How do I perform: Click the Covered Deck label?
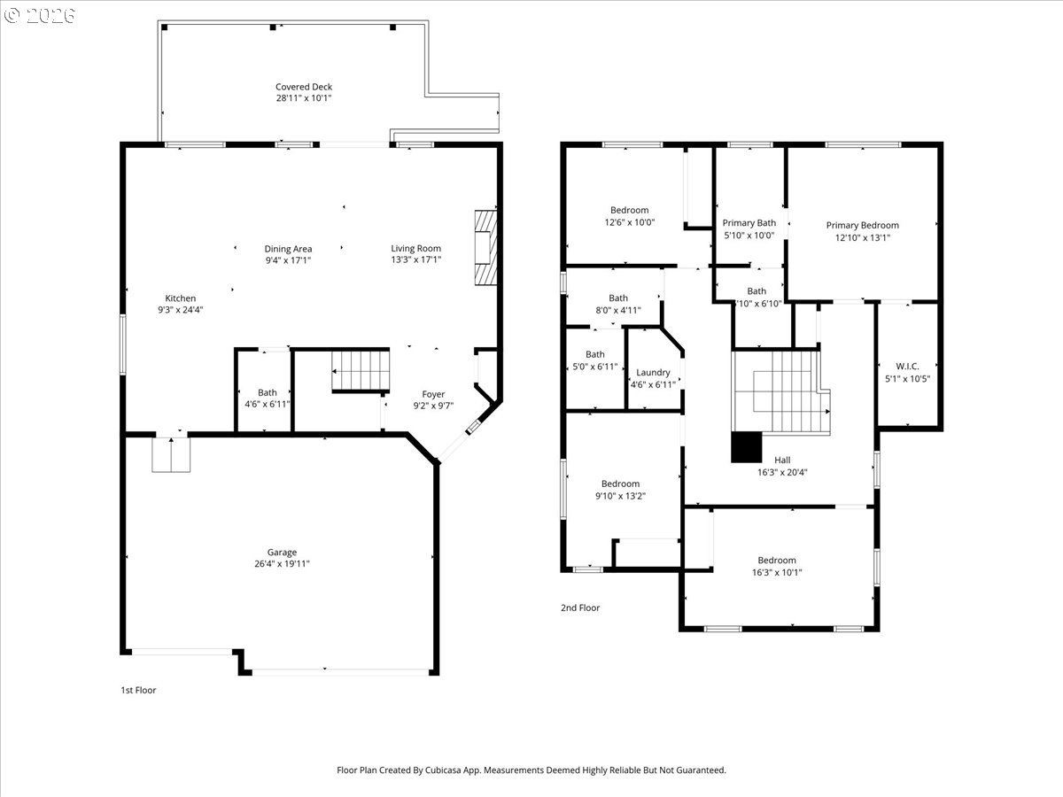(303, 87)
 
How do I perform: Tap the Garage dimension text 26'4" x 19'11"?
(283, 564)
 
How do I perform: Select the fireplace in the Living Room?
(486, 247)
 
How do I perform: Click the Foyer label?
(433, 394)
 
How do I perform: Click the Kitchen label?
(181, 298)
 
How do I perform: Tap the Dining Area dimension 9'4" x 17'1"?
(288, 260)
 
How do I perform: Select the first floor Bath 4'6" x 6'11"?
(267, 398)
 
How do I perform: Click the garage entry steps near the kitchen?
(171, 454)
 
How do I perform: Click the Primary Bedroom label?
(862, 225)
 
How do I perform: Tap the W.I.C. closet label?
(907, 366)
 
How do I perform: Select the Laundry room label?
(653, 373)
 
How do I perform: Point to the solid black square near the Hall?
(746, 447)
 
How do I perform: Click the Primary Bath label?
(749, 223)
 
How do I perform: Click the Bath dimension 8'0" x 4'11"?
(617, 310)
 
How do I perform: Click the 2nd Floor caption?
(579, 607)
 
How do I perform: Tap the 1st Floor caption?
(138, 690)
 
